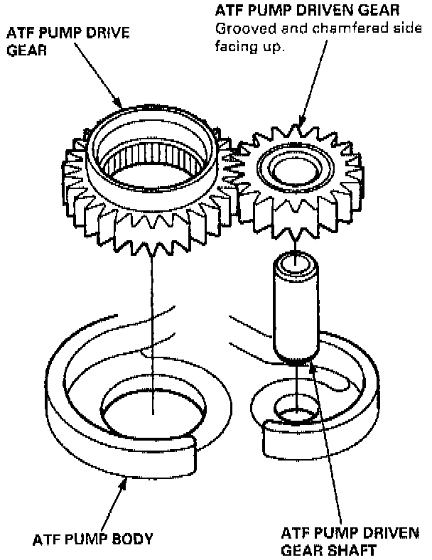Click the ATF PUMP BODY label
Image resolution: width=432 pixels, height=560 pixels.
[92, 539]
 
